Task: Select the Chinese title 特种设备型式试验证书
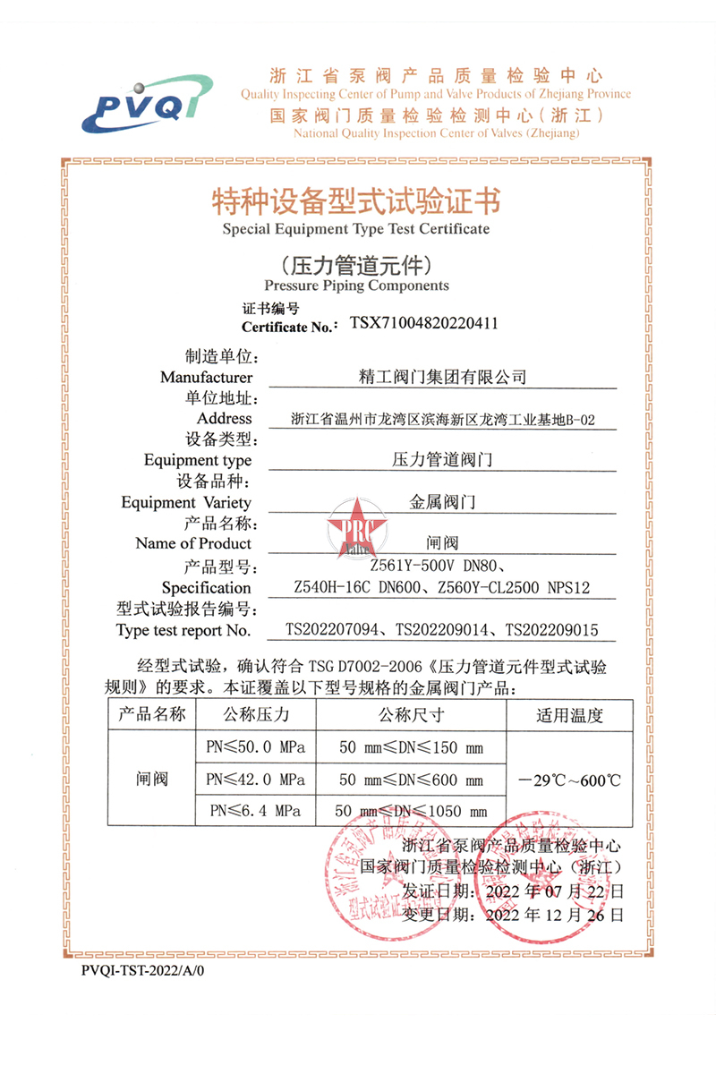tap(356, 200)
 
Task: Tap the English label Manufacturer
tap(207, 378)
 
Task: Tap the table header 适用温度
tap(570, 715)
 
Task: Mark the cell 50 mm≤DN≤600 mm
tap(410, 779)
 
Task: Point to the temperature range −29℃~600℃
tap(570, 779)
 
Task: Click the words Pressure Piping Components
tap(356, 286)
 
